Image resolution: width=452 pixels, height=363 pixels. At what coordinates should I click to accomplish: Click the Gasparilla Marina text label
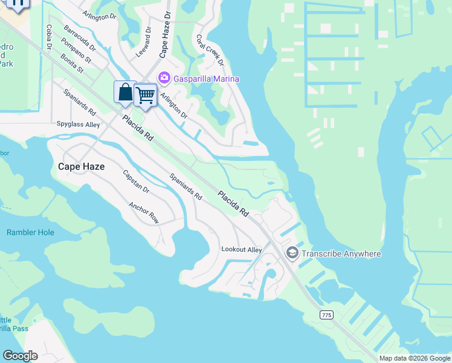(x=207, y=79)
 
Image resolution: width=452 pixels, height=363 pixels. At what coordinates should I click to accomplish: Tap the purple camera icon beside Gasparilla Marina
(x=163, y=78)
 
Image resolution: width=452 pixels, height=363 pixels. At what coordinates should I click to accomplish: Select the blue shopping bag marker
(x=125, y=93)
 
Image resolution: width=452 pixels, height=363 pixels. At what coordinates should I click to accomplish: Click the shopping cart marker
(x=145, y=95)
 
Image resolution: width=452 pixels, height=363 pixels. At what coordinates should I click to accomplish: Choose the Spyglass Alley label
(x=78, y=125)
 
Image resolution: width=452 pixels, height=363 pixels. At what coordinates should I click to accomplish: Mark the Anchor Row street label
(x=144, y=212)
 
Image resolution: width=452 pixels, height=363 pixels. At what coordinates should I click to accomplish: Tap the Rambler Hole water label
(x=30, y=232)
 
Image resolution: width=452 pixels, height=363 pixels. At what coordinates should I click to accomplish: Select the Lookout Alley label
(x=242, y=249)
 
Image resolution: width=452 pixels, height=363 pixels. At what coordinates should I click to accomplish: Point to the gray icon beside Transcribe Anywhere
(x=292, y=253)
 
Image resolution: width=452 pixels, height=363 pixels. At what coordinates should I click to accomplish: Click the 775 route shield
(x=326, y=315)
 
